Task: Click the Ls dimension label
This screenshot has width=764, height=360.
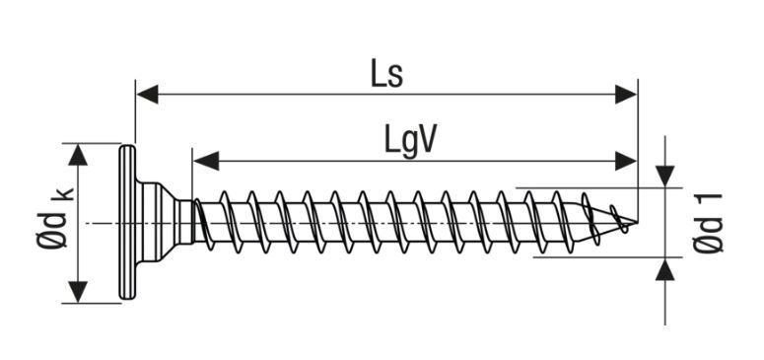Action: [x=386, y=73]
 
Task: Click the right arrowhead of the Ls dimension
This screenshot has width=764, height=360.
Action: [x=627, y=95]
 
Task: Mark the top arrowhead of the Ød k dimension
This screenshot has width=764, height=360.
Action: [x=78, y=154]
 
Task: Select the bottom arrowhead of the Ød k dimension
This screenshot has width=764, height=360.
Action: [x=78, y=292]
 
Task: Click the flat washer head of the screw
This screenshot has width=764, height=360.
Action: [x=126, y=223]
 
